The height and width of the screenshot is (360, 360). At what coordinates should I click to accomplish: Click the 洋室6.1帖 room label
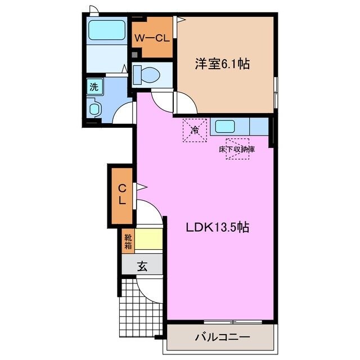pos(222,64)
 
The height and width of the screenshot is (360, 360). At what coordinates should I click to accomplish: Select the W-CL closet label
pos(152,39)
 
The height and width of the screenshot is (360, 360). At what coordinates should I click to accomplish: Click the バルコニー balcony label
pos(222,337)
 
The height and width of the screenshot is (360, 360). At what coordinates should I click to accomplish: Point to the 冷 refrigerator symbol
pos(195,130)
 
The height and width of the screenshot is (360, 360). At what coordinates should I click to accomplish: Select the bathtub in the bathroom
pos(107,30)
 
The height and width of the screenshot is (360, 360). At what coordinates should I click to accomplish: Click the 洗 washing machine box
pos(93,87)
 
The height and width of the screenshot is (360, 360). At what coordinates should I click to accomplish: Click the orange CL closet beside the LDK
pos(121,194)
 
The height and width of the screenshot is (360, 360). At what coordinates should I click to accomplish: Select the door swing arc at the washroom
pos(124,112)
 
